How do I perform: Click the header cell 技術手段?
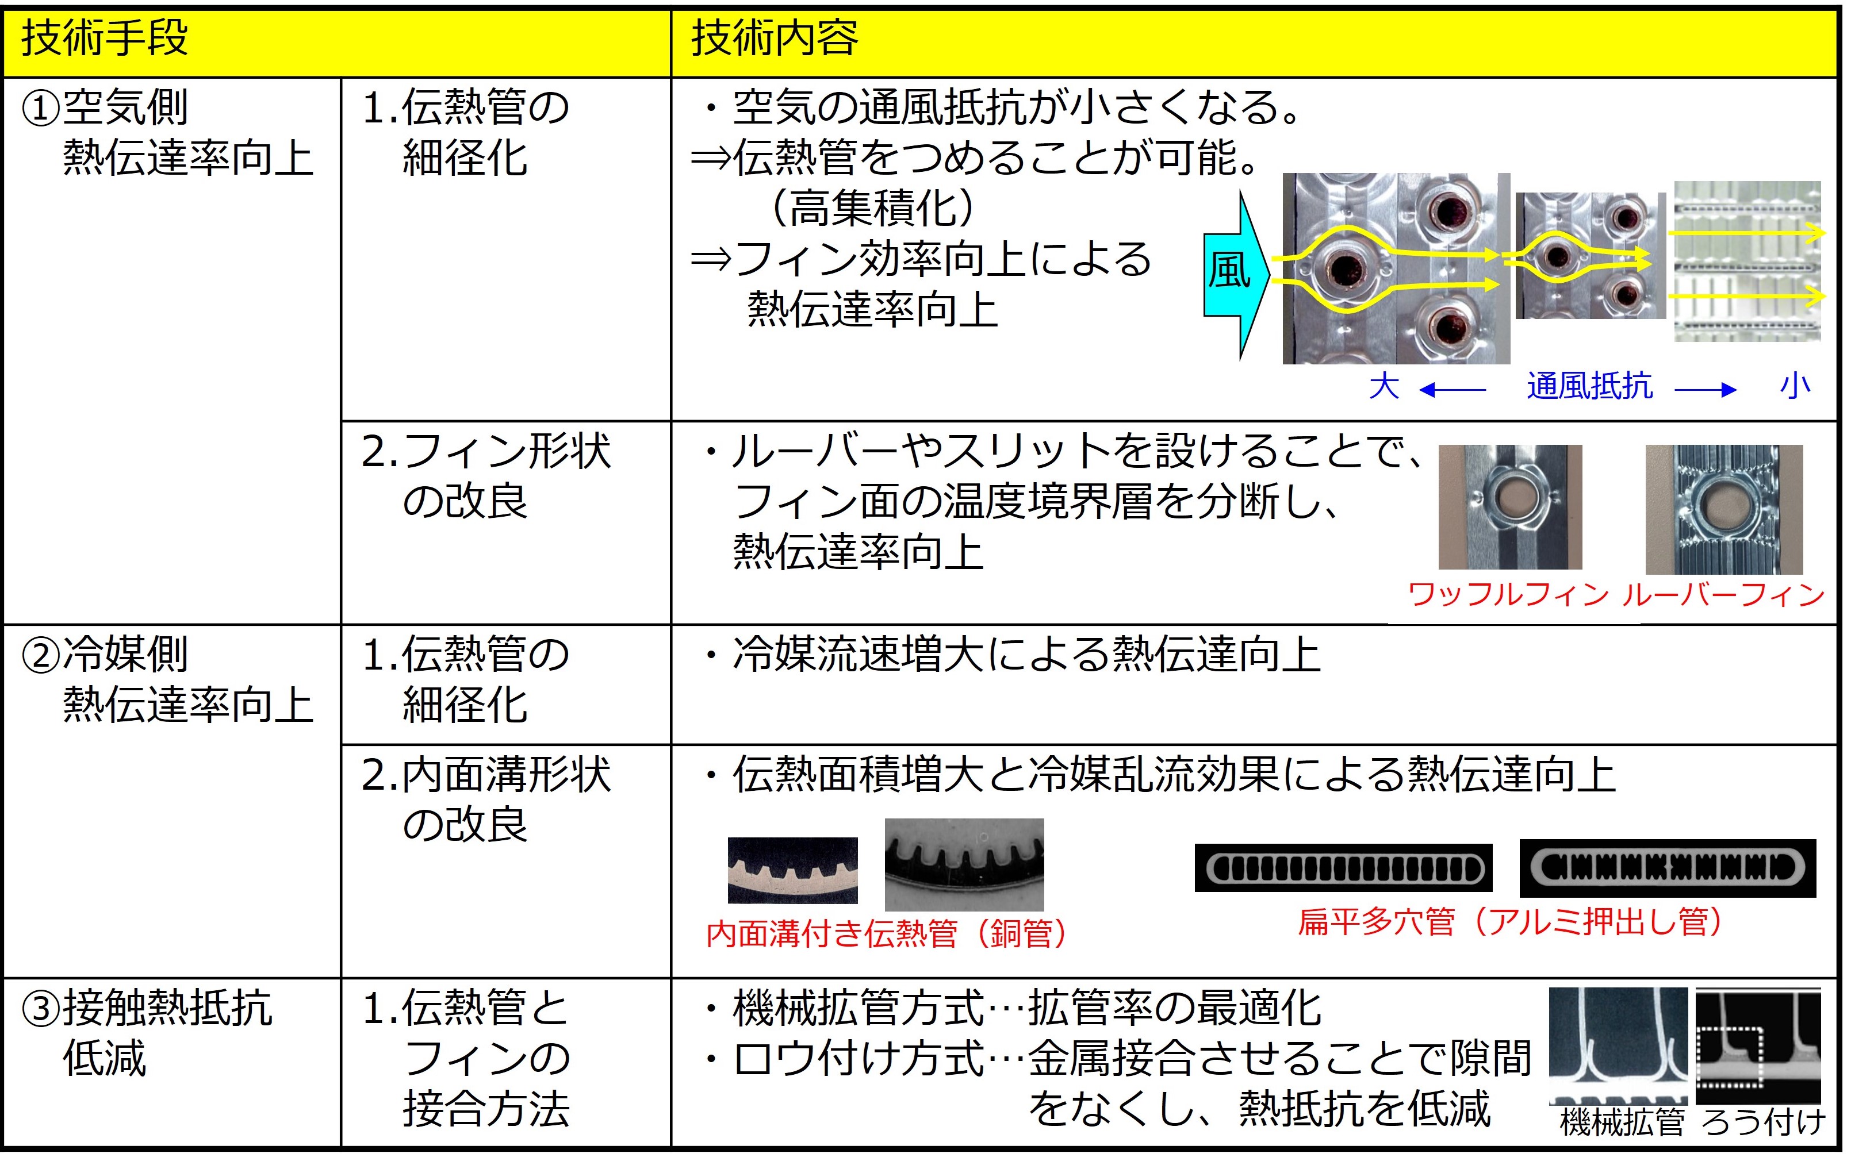[x=105, y=39]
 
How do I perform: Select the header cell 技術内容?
[x=774, y=39]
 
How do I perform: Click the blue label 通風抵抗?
[x=1589, y=386]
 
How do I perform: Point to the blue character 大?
[x=1384, y=386]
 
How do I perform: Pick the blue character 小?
[x=1795, y=386]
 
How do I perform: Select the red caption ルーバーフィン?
[x=1723, y=594]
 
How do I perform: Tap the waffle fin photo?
[x=1509, y=506]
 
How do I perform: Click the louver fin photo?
[x=1723, y=509]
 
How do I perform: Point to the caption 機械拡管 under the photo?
[x=1622, y=1122]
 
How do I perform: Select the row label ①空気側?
[x=105, y=107]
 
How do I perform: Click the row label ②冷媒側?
[x=105, y=655]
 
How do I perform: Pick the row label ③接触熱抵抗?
[x=146, y=1008]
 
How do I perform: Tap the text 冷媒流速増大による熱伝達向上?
[x=1026, y=655]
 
